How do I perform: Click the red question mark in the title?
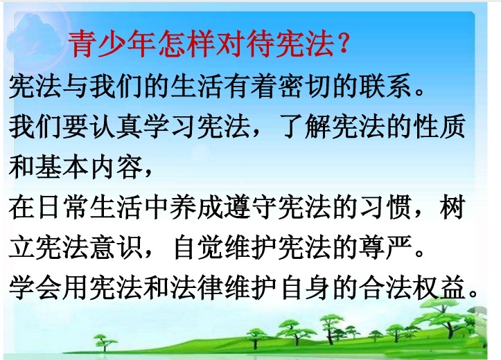tap(343, 43)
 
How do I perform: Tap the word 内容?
tap(116, 168)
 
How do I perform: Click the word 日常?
tap(62, 208)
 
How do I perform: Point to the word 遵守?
tap(251, 208)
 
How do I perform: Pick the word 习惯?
tap(386, 208)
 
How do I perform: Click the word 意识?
tap(116, 248)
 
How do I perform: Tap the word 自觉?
tap(199, 248)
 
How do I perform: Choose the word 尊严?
tap(386, 248)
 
